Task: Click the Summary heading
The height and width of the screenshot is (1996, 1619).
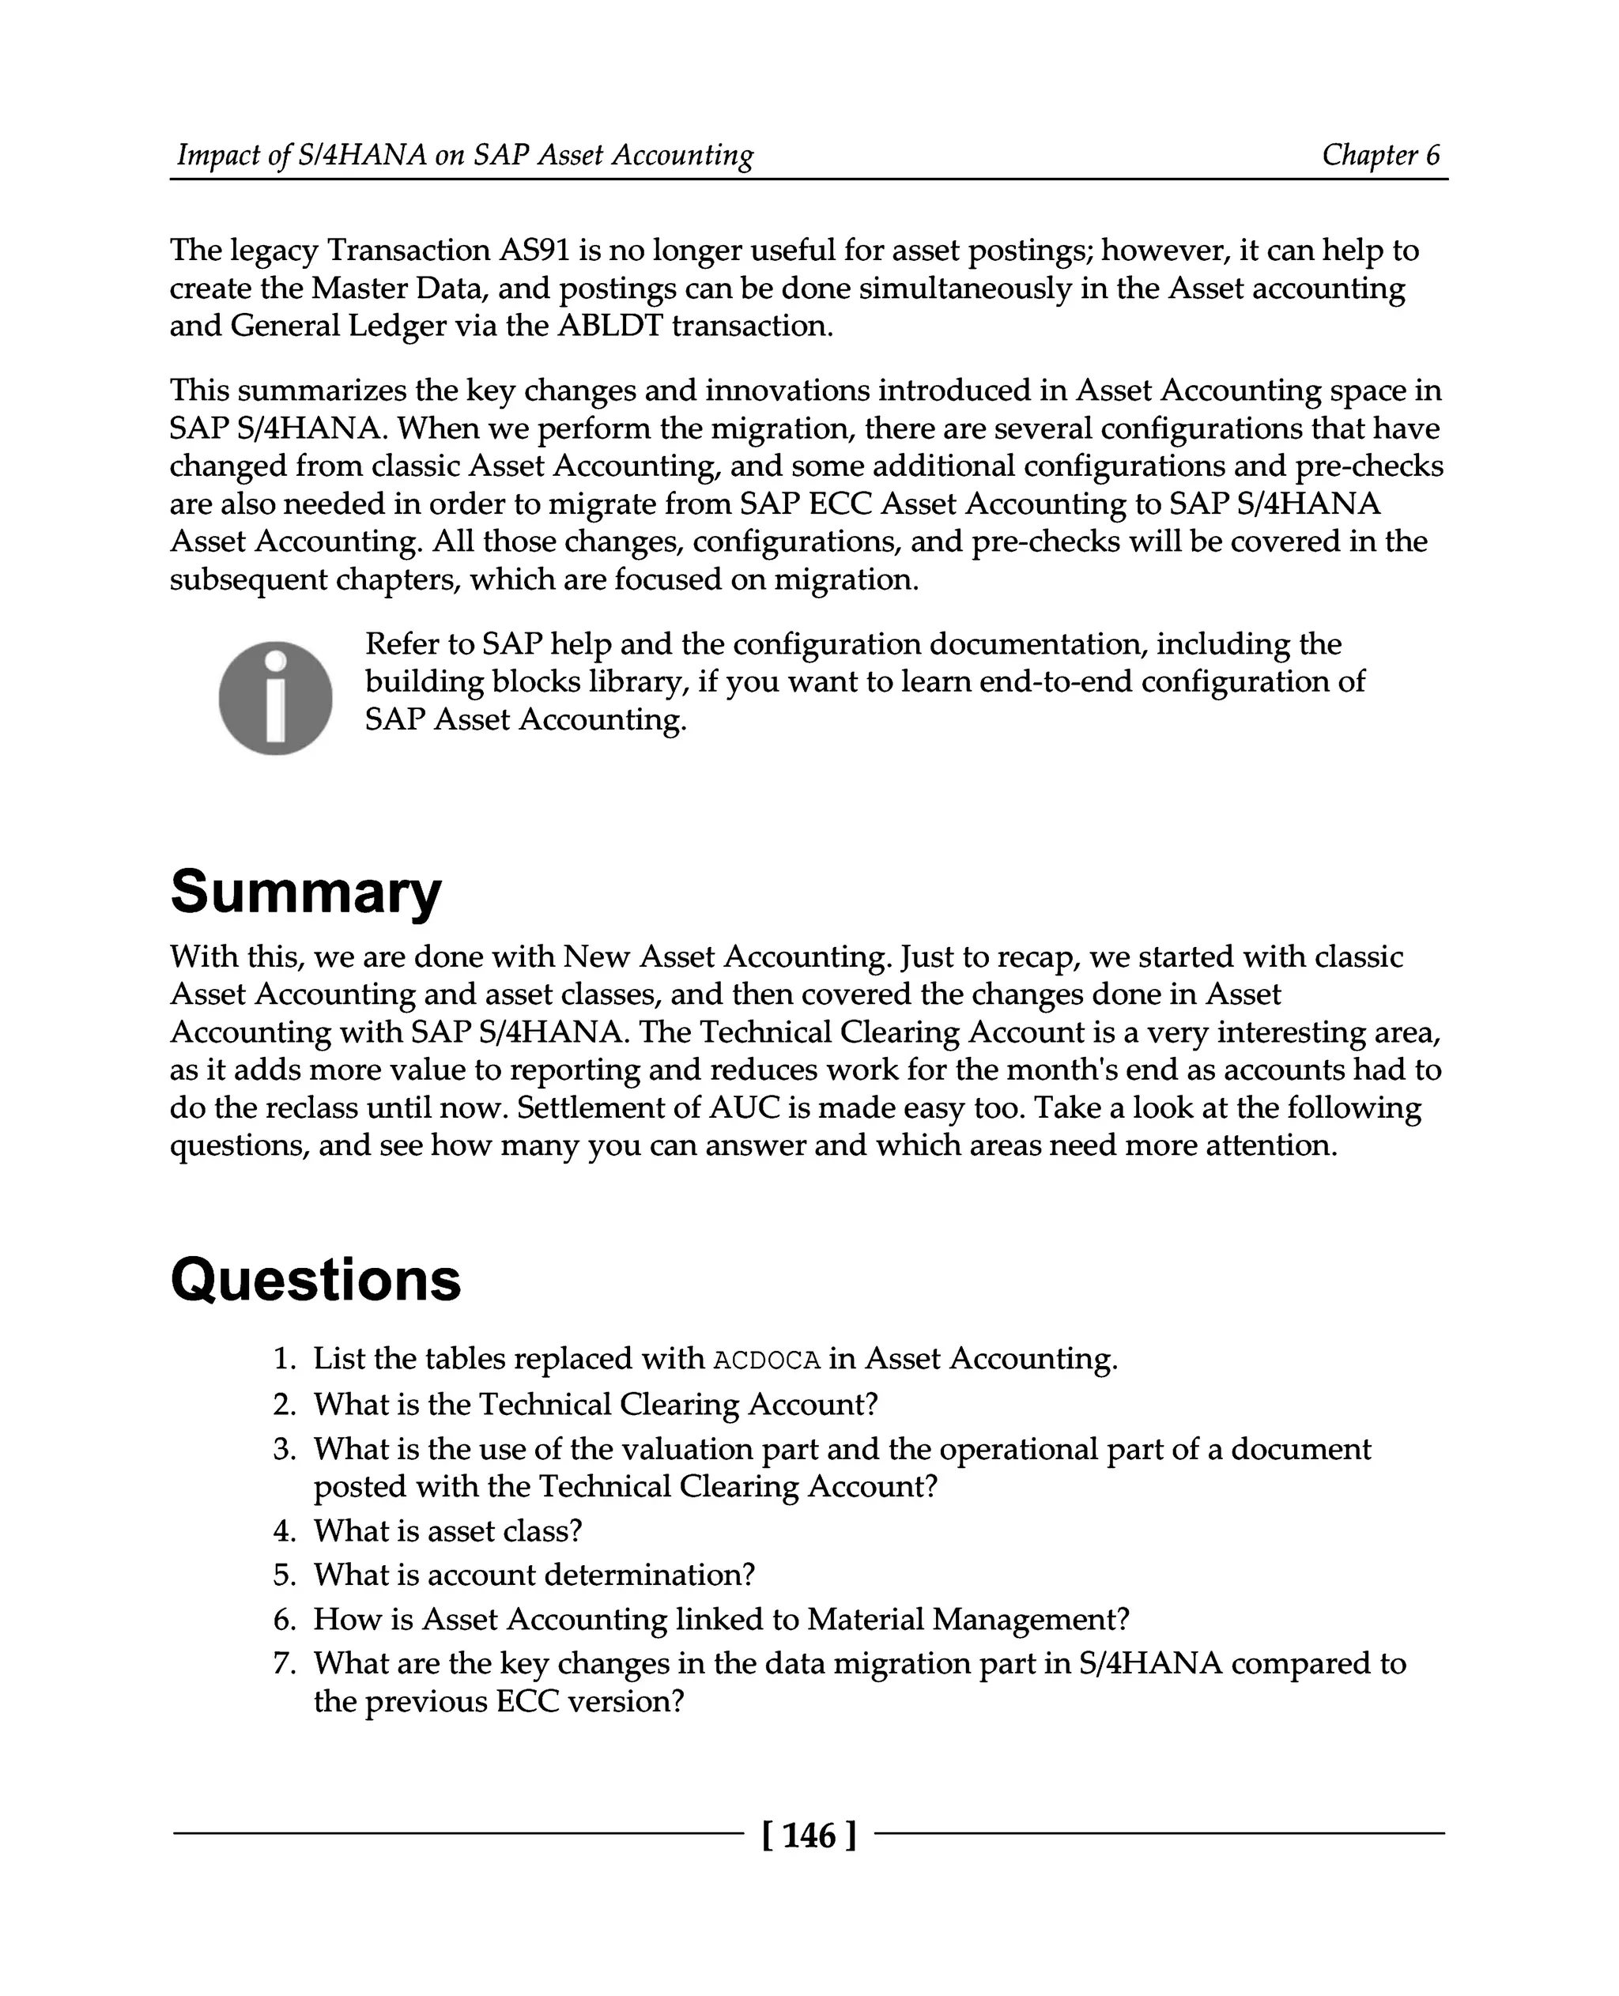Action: [305, 892]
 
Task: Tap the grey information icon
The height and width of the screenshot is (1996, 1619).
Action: [275, 698]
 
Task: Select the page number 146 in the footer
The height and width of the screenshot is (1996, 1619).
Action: [809, 1835]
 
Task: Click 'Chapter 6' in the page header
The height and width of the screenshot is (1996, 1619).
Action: [1380, 155]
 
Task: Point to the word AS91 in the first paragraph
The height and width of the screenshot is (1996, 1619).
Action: [535, 251]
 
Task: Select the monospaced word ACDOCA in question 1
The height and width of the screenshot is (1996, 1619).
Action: [767, 1360]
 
